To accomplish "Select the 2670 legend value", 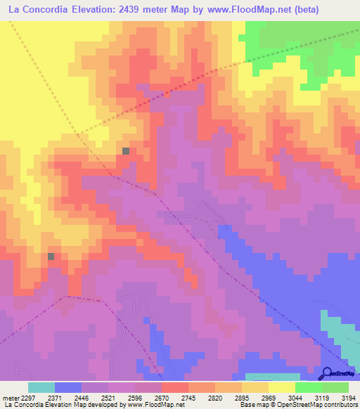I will tap(162, 397).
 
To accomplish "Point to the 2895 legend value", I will tap(242, 397).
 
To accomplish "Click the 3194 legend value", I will tap(348, 397).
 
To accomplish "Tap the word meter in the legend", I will tap(10, 397).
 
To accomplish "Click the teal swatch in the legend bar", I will tap(41, 387).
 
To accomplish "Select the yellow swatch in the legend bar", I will tap(281, 387).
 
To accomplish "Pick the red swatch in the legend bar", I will tap(175, 387).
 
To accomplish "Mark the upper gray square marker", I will tap(126, 151).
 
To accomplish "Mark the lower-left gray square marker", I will tap(51, 257).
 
